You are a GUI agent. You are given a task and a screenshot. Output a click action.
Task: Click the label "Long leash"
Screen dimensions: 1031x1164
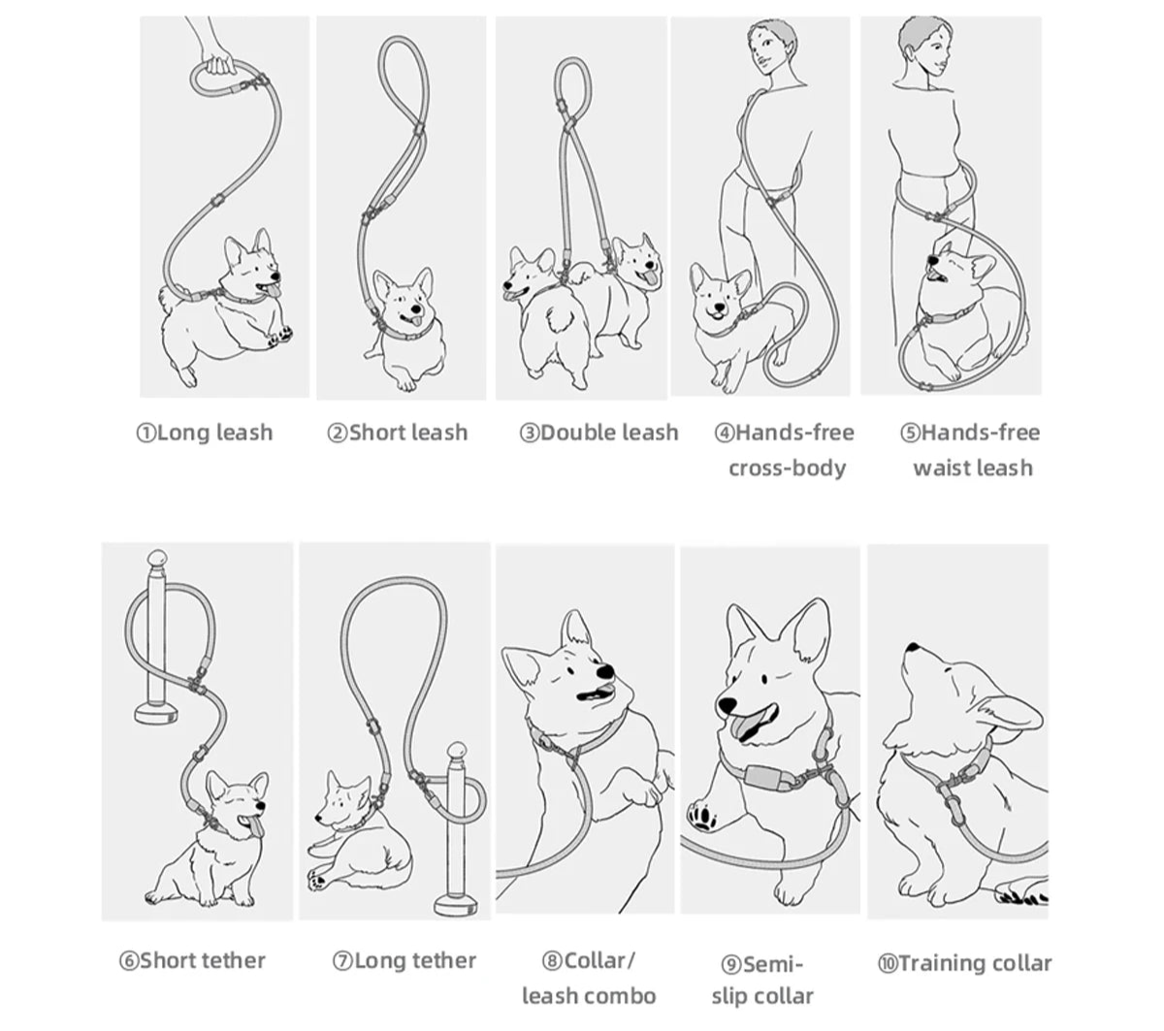click(x=214, y=433)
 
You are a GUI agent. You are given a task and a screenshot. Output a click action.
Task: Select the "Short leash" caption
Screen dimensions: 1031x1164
click(x=407, y=433)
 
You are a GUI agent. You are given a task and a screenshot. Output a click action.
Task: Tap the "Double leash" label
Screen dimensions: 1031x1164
click(x=608, y=433)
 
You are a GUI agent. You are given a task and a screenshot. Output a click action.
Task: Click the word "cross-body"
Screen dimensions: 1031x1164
click(x=787, y=467)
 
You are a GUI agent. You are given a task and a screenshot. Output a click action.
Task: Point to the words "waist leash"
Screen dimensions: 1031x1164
click(x=972, y=467)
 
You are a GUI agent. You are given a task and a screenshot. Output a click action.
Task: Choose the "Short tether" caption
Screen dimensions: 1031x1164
click(x=202, y=960)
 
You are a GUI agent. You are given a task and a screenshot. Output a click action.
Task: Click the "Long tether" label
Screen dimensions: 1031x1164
click(x=414, y=960)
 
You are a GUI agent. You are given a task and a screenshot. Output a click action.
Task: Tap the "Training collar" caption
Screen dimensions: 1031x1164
click(x=974, y=963)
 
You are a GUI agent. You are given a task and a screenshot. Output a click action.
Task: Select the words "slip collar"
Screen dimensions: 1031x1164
click(x=762, y=996)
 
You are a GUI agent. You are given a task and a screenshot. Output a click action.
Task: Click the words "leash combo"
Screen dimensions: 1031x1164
click(x=589, y=996)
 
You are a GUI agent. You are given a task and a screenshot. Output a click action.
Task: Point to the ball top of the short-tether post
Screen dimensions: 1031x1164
click(x=156, y=563)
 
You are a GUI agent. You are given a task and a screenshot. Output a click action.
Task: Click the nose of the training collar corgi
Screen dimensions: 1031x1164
click(x=910, y=647)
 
